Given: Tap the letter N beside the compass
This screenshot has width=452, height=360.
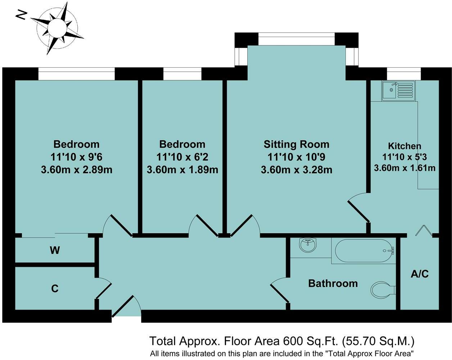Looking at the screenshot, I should [x=22, y=15].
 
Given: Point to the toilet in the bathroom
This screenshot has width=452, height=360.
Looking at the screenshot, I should [x=382, y=290].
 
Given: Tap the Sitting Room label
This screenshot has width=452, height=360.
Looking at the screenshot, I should [x=296, y=144].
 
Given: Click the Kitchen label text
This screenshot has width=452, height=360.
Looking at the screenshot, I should [x=404, y=146].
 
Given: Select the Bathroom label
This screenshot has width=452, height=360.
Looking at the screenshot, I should [x=333, y=283].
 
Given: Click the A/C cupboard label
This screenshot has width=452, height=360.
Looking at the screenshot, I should [x=420, y=274].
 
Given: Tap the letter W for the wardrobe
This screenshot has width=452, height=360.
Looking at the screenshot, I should [x=55, y=250].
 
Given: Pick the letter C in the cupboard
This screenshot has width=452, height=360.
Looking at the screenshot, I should [x=55, y=288].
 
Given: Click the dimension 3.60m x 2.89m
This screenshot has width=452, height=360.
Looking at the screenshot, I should [x=77, y=170].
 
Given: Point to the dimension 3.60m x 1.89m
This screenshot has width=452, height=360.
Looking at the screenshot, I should [x=182, y=170].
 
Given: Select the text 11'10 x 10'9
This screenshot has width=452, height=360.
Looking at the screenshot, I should [x=296, y=157].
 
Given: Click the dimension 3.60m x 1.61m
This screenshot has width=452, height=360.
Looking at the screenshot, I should [x=404, y=168].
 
